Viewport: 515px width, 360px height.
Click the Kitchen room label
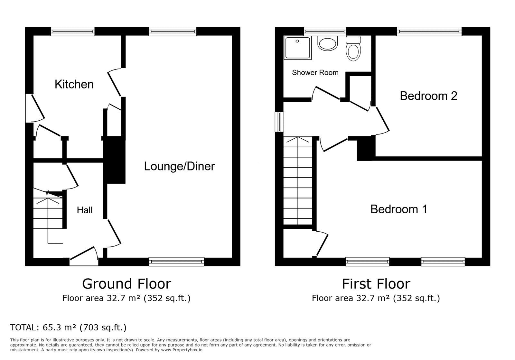point(74,84)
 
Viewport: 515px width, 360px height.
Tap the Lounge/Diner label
point(179,166)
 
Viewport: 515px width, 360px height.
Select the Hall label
point(85,210)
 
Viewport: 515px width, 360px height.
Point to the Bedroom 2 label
point(428,96)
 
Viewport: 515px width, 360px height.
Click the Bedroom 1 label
point(399,209)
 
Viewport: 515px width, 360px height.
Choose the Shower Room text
point(315,73)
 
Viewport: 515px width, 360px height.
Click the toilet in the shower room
point(353,49)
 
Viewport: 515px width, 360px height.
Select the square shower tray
point(298,48)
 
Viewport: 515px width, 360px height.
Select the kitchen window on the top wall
point(73,31)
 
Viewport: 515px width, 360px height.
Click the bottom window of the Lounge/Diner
point(176,262)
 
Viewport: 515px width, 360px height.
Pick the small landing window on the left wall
point(279,122)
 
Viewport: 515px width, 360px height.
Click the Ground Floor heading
point(126,284)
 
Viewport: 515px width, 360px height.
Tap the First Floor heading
point(376,284)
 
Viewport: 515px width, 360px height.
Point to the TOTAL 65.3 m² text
point(68,328)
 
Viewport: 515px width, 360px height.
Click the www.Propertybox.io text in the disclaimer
point(182,350)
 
